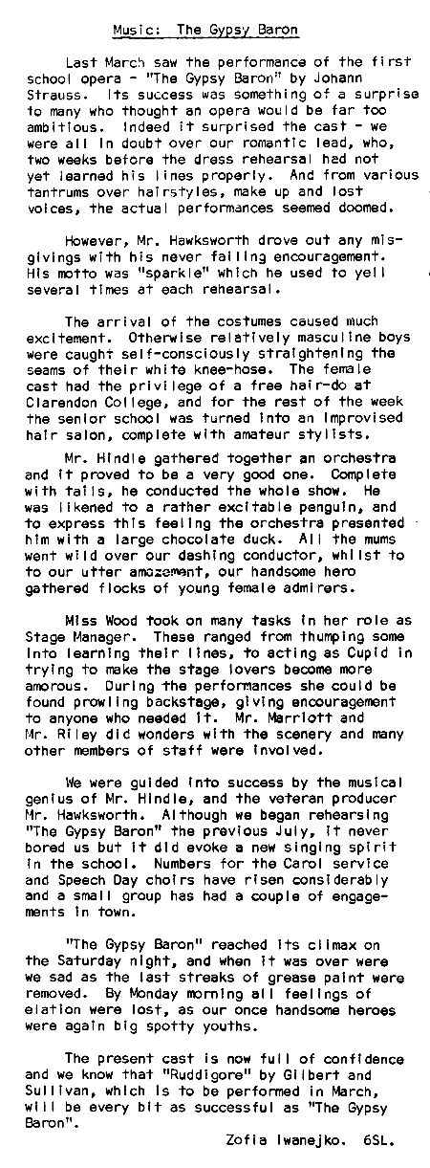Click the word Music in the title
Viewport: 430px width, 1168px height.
coord(129,30)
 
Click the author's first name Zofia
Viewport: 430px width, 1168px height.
coord(245,1141)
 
